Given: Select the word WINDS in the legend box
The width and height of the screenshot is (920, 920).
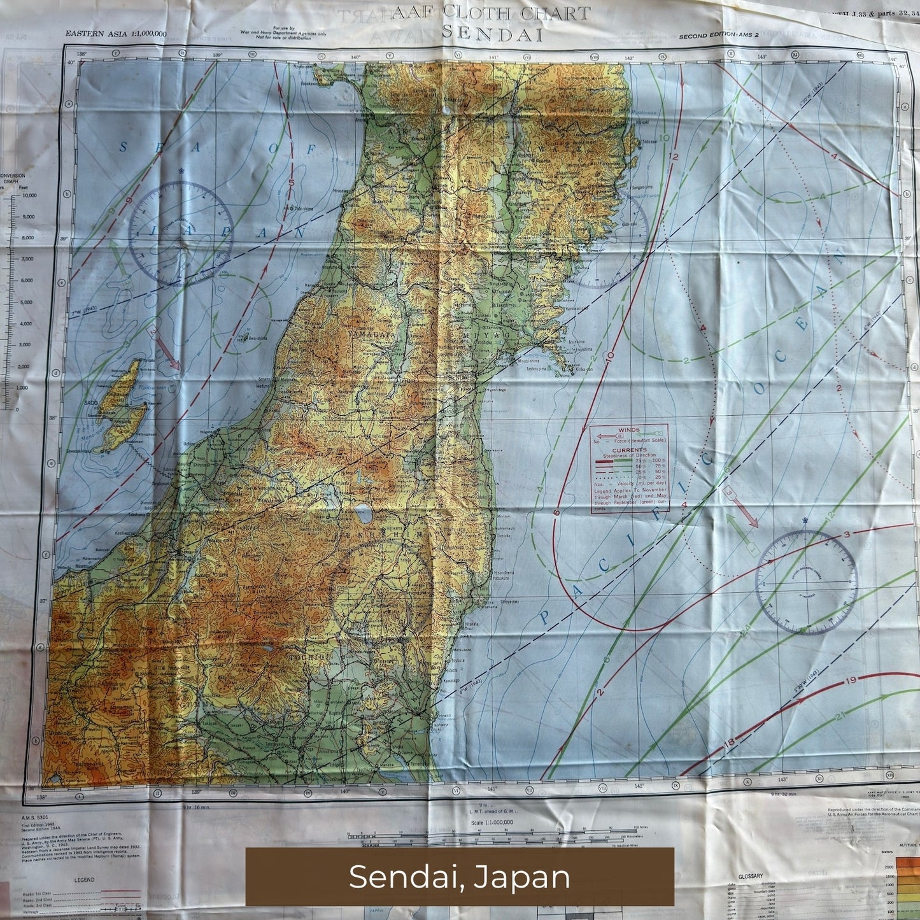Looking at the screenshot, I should point(628,430).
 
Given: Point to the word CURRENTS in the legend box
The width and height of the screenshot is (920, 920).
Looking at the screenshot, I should point(628,449).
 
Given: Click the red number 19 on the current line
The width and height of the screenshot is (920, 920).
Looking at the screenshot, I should point(851,681).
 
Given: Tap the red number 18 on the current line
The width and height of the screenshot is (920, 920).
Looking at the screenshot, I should point(730,743).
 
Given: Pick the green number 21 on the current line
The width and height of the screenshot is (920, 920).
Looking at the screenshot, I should point(840,716).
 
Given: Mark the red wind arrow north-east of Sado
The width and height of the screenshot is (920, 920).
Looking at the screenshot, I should point(167,354).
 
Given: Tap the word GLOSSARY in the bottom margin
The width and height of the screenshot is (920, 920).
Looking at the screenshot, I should point(751,876).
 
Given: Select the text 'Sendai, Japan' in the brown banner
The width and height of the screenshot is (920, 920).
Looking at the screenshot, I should point(459,877).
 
